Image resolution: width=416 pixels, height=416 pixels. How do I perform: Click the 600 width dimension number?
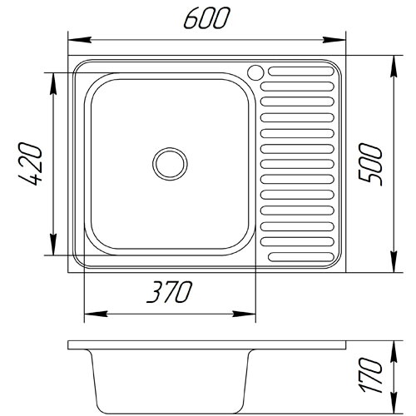(x=207, y=18)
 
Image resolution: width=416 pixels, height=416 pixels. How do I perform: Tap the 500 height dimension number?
(x=370, y=164)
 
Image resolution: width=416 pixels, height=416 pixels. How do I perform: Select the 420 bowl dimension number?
(x=31, y=164)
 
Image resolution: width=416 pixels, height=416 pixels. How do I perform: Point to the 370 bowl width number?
(x=169, y=292)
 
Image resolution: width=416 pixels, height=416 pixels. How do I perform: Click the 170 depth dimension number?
(x=371, y=375)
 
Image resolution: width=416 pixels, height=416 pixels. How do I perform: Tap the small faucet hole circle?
(x=255, y=72)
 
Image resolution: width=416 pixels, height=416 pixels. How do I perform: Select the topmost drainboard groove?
(x=301, y=72)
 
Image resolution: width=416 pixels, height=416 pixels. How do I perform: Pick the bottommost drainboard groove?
(x=301, y=257)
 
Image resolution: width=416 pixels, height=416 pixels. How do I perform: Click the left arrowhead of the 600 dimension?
(x=80, y=40)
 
